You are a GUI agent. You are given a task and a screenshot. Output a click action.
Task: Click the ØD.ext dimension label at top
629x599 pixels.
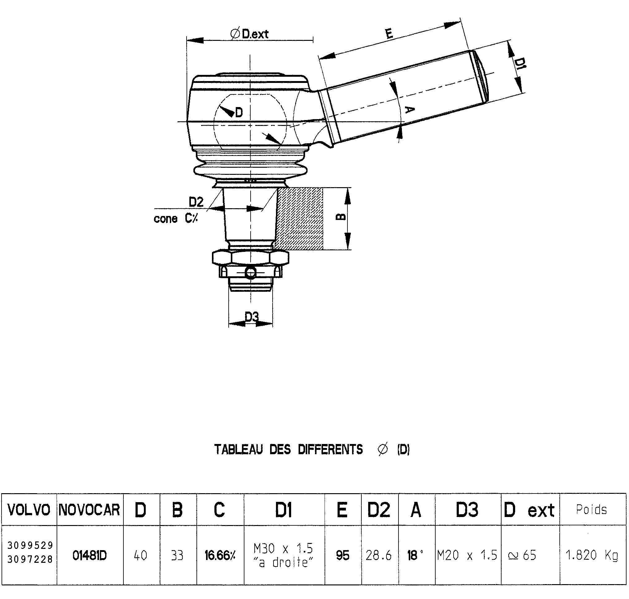[250, 33]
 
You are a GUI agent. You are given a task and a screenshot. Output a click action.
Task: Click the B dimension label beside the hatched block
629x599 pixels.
[341, 217]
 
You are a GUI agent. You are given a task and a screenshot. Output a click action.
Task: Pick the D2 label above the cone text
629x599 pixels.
[196, 202]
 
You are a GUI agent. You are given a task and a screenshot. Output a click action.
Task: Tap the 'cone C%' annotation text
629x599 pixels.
[176, 219]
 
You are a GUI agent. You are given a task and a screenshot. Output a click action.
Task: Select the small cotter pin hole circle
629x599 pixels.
[251, 272]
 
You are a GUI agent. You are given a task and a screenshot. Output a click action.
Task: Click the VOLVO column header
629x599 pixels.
[29, 510]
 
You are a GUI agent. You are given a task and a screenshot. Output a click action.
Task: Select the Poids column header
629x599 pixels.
[591, 510]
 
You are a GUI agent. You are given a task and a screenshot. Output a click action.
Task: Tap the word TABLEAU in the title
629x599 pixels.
[239, 449]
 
